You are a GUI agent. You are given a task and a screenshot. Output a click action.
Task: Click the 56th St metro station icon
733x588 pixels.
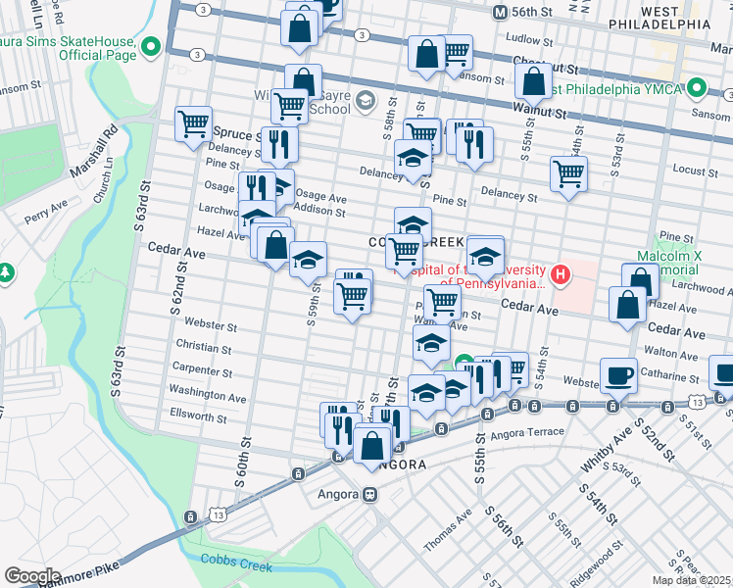(500, 12)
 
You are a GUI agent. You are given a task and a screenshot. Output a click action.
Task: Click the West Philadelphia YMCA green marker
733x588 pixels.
(697, 89)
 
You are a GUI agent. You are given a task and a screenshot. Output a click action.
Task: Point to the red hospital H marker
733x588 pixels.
(560, 273)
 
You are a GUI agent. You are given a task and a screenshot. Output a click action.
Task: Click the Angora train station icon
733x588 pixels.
(371, 494)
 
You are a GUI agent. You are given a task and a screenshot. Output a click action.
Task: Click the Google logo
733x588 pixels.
(32, 576)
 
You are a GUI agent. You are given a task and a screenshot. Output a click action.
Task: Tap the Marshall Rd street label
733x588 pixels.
(96, 152)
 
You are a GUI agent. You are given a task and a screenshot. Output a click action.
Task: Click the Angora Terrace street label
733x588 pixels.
(530, 432)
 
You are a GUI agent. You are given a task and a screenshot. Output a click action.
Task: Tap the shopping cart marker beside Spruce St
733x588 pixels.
(194, 123)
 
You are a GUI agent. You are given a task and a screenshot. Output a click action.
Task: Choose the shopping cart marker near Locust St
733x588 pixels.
(568, 174)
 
